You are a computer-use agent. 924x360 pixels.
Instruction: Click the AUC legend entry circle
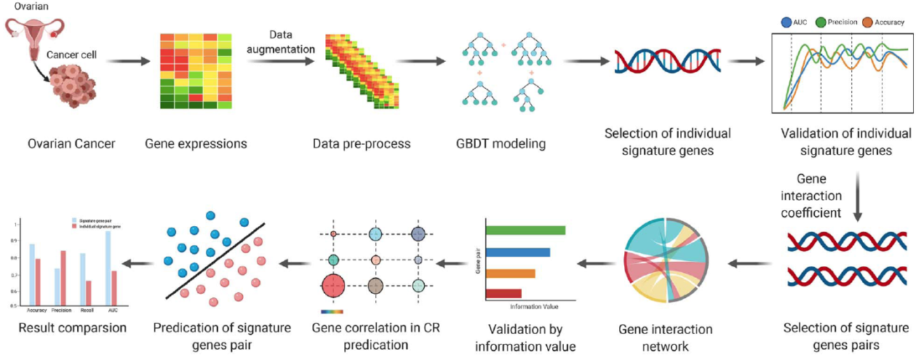(786, 22)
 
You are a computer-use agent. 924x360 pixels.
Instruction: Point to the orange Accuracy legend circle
(868, 22)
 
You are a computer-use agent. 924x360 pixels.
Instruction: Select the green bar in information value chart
(525, 231)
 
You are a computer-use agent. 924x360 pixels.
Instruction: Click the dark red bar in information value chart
(503, 294)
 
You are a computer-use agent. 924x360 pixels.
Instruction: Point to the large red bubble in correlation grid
(333, 286)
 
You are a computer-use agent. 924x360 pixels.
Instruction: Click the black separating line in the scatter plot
(215, 260)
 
